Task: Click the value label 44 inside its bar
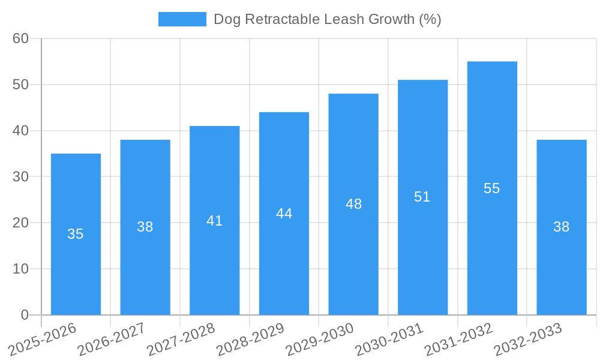284,214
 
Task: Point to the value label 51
422,197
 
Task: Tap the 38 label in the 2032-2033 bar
561,227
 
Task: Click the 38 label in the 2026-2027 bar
145,227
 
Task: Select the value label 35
76,234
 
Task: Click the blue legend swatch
182,19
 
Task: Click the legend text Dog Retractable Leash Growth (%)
327,19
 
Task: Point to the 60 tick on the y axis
20,38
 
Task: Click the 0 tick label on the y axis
25,315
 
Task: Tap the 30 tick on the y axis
20,176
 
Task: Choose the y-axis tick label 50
20,85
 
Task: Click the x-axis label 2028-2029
250,340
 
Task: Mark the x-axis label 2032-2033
528,340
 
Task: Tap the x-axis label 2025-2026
43,340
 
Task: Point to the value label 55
492,188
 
